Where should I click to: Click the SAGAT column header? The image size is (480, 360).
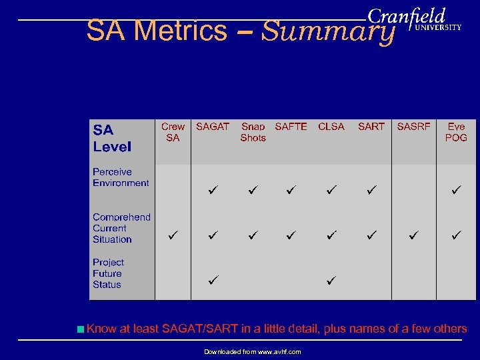[x=212, y=127]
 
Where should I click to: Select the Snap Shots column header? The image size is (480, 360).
[x=253, y=132]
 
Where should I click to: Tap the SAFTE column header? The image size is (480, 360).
[x=291, y=127]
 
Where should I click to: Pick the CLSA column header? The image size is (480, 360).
[x=331, y=127]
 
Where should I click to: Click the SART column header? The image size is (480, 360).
[x=371, y=127]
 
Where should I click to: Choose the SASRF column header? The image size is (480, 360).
[x=413, y=127]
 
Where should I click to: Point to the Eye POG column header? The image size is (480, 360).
[x=456, y=132]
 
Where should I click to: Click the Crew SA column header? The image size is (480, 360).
[x=173, y=132]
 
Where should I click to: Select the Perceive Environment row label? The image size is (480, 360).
[x=121, y=177]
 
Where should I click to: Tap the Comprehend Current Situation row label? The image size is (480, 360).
[x=121, y=228]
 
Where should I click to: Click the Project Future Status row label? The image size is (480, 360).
[x=108, y=273]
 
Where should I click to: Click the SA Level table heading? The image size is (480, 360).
[x=112, y=138]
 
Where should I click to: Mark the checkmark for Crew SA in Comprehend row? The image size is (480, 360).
[x=173, y=235]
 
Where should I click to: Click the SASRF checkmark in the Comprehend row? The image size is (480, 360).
[x=413, y=235]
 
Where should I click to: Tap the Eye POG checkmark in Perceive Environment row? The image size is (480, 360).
[x=456, y=190]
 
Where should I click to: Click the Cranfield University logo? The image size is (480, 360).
[x=414, y=20]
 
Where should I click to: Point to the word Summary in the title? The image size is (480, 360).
[x=328, y=31]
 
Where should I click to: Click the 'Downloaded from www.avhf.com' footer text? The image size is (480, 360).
[x=252, y=351]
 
